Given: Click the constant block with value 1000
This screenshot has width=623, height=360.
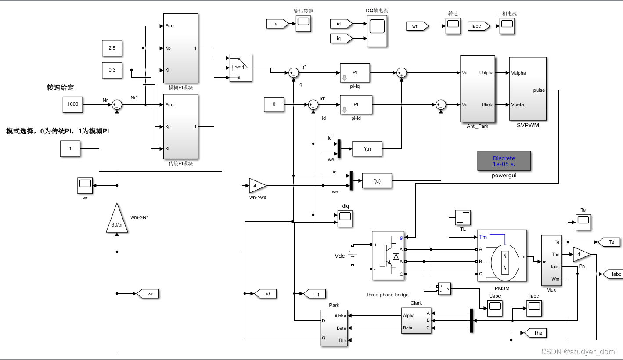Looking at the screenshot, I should [73, 104].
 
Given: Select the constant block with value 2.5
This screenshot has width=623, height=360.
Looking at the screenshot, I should [112, 48].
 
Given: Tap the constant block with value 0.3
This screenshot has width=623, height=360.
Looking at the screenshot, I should [112, 70].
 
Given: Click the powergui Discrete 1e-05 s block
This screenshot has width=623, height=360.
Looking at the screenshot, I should [504, 161].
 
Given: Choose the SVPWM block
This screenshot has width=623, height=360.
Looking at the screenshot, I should [528, 89].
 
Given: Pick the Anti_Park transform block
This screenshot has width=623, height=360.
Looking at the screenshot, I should [477, 89].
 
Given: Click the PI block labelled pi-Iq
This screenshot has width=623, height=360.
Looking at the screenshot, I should [355, 72].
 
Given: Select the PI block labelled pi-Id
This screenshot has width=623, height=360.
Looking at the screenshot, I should [356, 105].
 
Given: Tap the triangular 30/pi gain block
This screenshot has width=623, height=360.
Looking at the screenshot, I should [117, 219].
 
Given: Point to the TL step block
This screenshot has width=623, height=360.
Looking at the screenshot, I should [463, 218].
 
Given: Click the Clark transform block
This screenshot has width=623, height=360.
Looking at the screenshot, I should [416, 320].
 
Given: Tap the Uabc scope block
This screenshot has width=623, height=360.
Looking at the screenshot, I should [494, 309].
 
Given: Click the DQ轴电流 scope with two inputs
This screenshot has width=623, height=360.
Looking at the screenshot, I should [377, 31].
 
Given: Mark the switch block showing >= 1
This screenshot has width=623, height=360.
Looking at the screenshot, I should [241, 68].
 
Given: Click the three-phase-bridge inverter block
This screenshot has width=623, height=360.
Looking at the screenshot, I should [388, 255].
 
